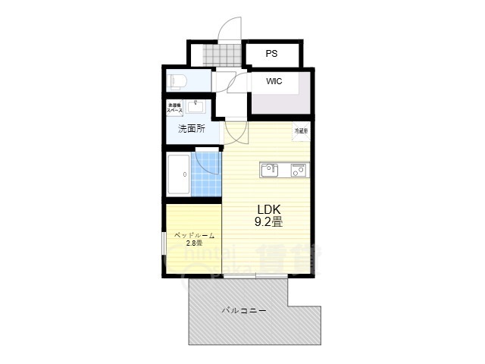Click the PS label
[x=271, y=54]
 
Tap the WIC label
[x=274, y=82]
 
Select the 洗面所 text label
[x=191, y=129]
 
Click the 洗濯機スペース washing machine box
[x=174, y=108]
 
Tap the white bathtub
[x=180, y=176]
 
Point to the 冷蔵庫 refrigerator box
[x=301, y=130]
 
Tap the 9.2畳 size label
[x=268, y=222]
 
